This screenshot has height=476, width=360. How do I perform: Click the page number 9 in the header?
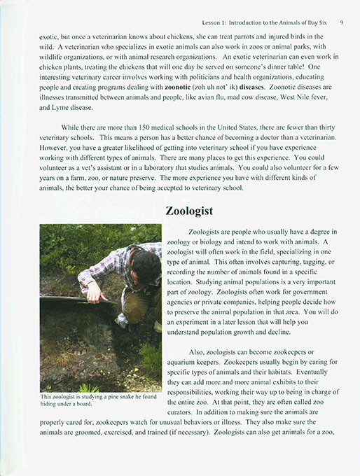click(340, 22)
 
